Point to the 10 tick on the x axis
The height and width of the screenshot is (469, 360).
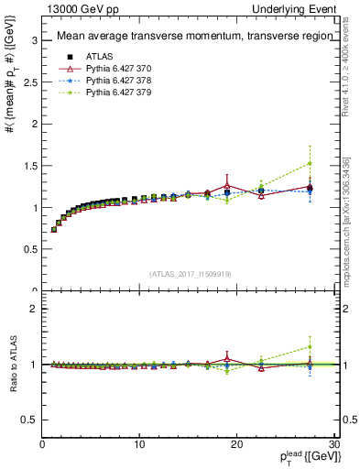coord(139,444)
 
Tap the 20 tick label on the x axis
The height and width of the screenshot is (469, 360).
coord(236,444)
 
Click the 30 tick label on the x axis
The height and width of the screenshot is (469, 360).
coord(333,444)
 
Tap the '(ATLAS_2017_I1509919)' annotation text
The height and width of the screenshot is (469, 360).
coord(190,273)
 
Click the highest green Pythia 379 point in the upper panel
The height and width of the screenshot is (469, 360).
coord(310,164)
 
